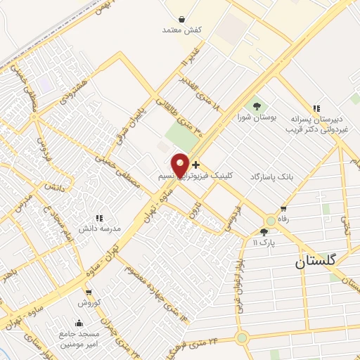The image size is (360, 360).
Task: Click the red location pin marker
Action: [x=181, y=165]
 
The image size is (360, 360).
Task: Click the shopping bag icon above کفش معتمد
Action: [x=182, y=20]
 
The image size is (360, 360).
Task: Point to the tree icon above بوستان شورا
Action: [x=256, y=105]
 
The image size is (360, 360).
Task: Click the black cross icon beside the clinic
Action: [x=195, y=165]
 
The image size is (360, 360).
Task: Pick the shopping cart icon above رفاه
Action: [x=283, y=208]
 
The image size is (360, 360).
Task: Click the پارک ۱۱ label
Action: [x=261, y=242]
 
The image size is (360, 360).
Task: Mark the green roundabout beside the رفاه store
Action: [x=271, y=220]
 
